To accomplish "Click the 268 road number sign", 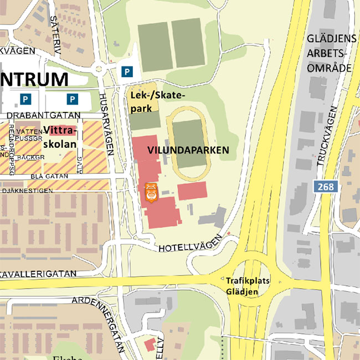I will (x=326, y=187).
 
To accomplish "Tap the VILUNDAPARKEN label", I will (x=188, y=150).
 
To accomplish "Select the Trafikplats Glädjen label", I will (x=247, y=286).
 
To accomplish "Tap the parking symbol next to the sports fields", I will (x=128, y=71).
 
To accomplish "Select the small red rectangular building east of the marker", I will (x=192, y=191).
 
